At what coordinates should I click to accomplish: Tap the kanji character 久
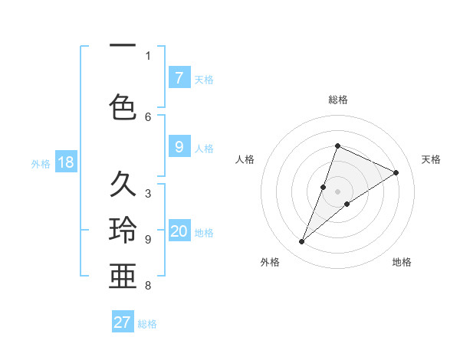pos(123,185)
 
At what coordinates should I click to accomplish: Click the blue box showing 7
pos(179,78)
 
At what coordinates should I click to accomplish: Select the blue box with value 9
pos(179,147)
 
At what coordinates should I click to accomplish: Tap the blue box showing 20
pos(179,231)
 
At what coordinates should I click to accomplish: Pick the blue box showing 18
pos(65,162)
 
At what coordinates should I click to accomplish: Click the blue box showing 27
pos(123,322)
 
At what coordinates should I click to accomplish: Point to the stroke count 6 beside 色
pos(148,116)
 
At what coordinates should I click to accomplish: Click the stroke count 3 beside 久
pos(148,193)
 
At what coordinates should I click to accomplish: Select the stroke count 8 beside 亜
pos(148,286)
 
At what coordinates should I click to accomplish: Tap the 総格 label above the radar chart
pos(338,100)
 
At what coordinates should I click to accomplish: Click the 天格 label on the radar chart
pos(431,159)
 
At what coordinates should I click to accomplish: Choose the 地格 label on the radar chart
pos(402,262)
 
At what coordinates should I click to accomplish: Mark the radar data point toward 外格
pos(302,242)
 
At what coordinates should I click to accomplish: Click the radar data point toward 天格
pos(396,172)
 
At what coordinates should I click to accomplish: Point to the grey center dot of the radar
pos(338,191)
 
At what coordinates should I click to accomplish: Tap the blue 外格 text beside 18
pos(40,163)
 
